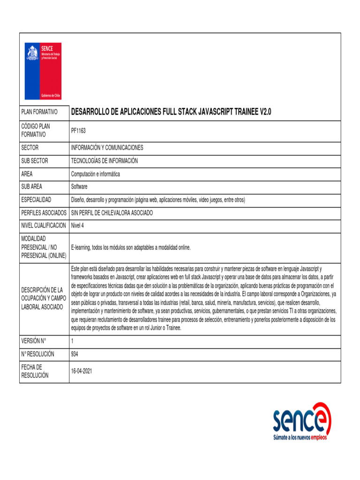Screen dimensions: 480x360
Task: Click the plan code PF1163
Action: [x=78, y=130]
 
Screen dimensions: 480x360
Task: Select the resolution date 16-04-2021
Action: [x=82, y=371]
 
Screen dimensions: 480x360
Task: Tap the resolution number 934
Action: [x=75, y=354]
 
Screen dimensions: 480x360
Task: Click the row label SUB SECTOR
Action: [x=35, y=161]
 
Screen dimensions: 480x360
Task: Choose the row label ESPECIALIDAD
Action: [x=36, y=200]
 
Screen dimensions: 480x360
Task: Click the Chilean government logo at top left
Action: [x=43, y=71]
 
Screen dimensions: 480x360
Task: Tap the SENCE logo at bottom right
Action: [x=302, y=420]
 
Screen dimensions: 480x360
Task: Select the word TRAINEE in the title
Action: [x=240, y=112]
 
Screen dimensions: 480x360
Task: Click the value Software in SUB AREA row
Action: [x=79, y=187]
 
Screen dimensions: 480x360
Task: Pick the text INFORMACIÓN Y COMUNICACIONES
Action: [x=107, y=148]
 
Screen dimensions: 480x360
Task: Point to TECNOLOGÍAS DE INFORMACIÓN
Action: [x=104, y=161]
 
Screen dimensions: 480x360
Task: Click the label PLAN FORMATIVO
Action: [x=39, y=112]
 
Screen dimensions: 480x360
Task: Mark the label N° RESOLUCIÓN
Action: [x=37, y=354]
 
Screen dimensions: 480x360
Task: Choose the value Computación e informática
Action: [x=95, y=174]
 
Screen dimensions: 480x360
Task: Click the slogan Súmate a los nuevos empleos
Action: [x=300, y=437]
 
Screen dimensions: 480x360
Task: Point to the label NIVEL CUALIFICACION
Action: [x=44, y=225]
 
